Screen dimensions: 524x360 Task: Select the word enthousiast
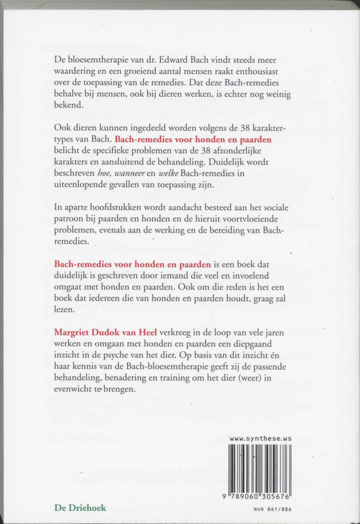[274, 73]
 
